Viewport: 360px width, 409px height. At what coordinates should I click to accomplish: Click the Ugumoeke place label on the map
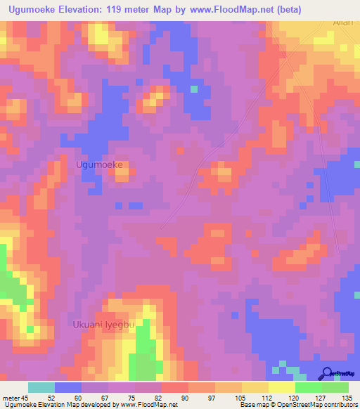coord(99,164)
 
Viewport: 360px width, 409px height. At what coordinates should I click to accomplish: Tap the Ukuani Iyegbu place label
coord(102,324)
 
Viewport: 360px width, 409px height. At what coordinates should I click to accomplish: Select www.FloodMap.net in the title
coord(232,9)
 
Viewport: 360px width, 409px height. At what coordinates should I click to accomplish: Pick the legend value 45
coord(25,398)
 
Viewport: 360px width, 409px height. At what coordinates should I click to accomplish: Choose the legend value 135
coord(346,398)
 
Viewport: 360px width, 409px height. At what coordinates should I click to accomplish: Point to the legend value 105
coord(239,398)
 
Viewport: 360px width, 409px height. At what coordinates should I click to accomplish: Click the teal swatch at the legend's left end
coord(41,387)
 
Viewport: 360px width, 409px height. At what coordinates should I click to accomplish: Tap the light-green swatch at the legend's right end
coord(335,387)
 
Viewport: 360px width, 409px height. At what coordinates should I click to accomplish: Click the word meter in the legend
coord(11,398)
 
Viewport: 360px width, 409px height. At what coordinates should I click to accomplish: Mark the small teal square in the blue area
coord(193,89)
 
